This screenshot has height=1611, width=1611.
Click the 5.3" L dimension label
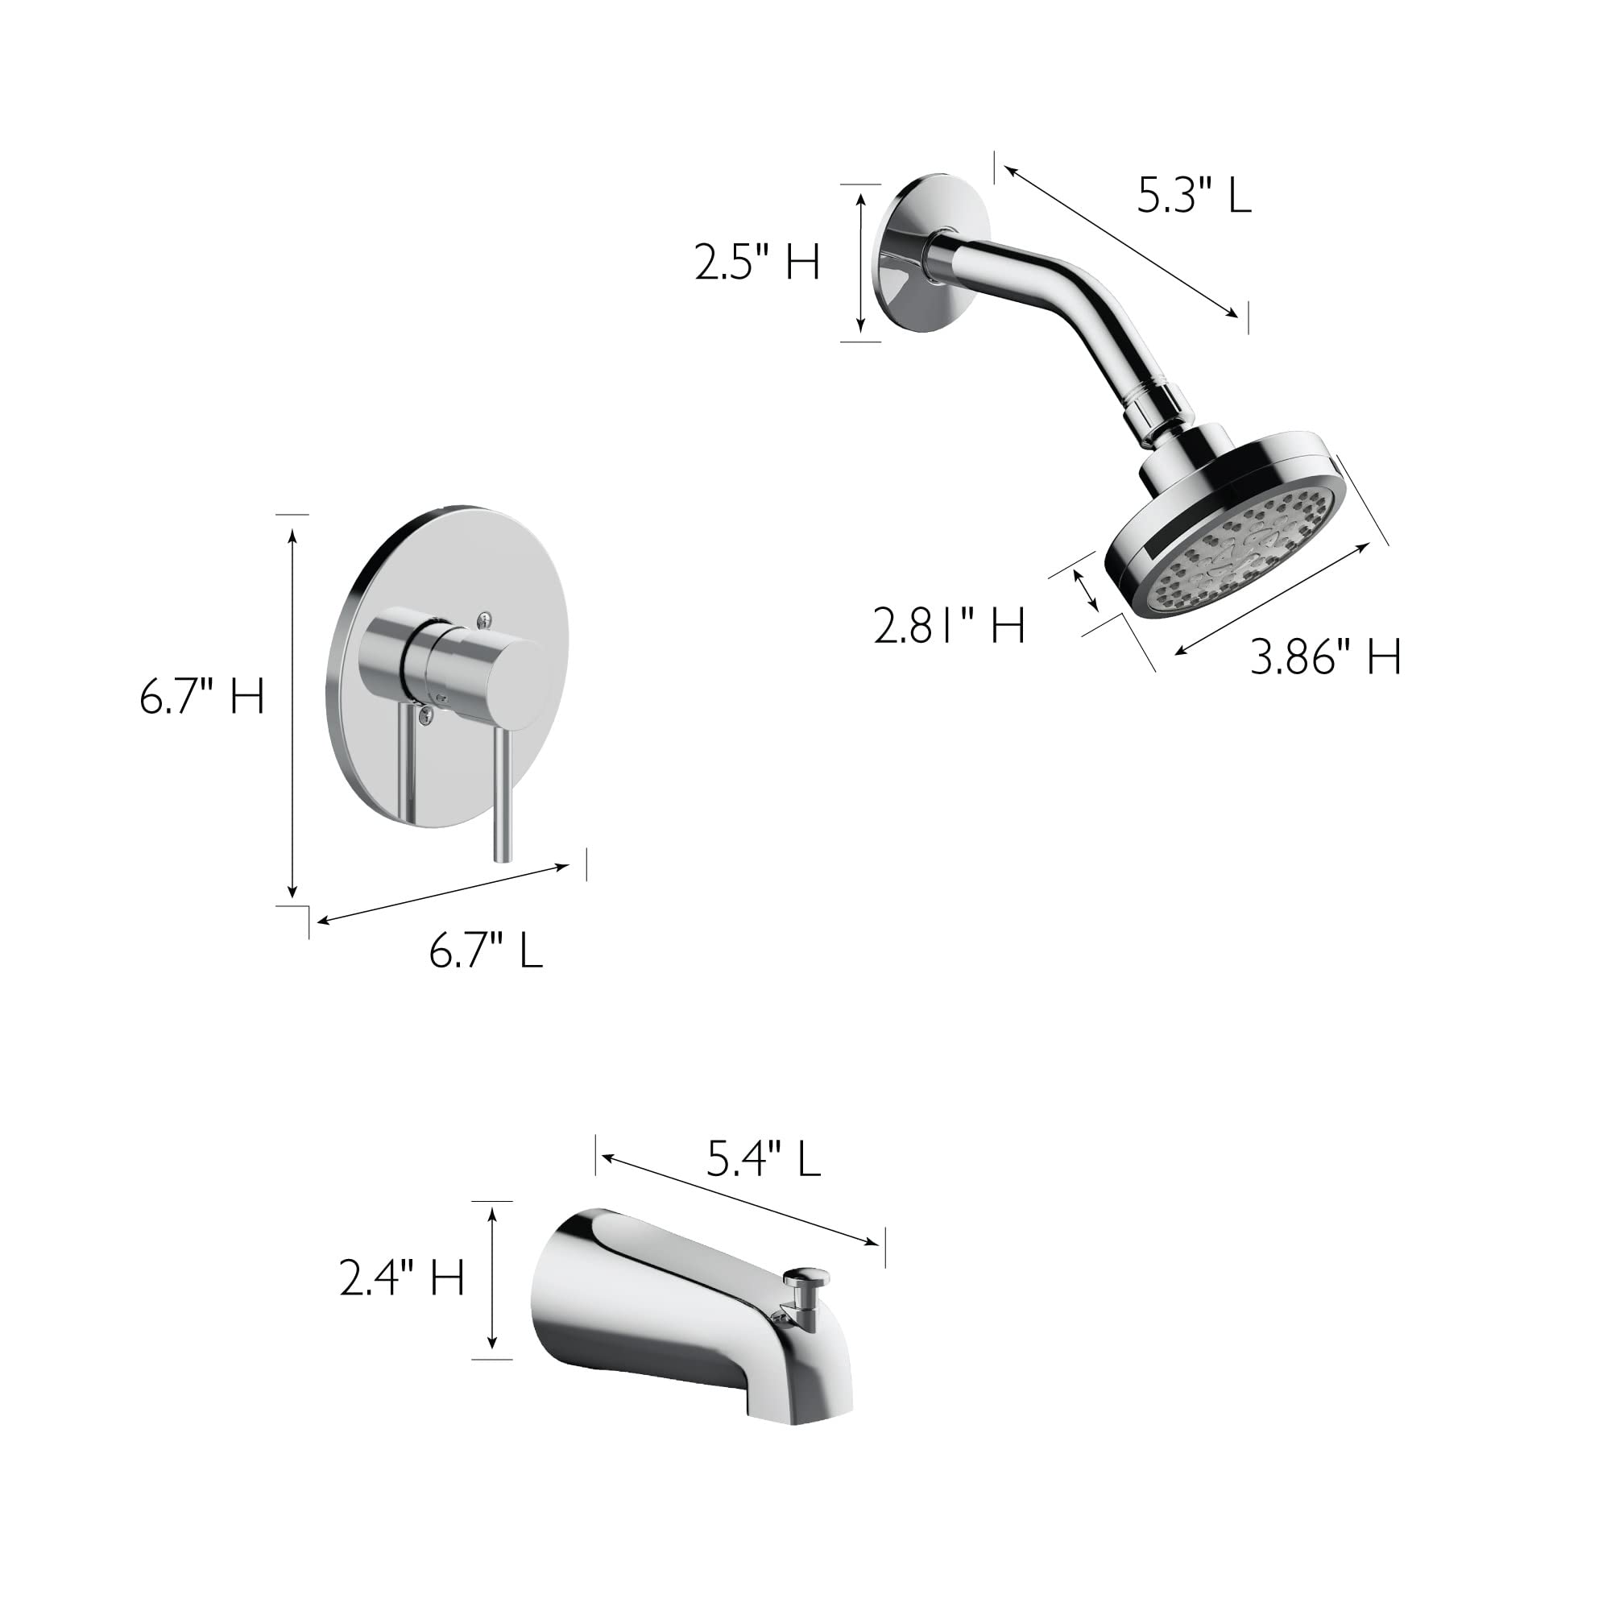click(1194, 197)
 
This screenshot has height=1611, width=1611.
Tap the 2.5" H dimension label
click(757, 263)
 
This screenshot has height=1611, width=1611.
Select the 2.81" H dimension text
click(949, 625)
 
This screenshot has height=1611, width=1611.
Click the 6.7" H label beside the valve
click(202, 697)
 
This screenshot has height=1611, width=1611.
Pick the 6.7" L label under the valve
click(485, 950)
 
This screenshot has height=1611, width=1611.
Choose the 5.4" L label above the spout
click(764, 1159)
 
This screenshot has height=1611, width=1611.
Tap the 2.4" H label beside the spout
click(402, 1278)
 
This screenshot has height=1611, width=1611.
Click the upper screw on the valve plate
click(484, 617)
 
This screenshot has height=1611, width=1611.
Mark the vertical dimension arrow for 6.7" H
click(292, 709)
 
